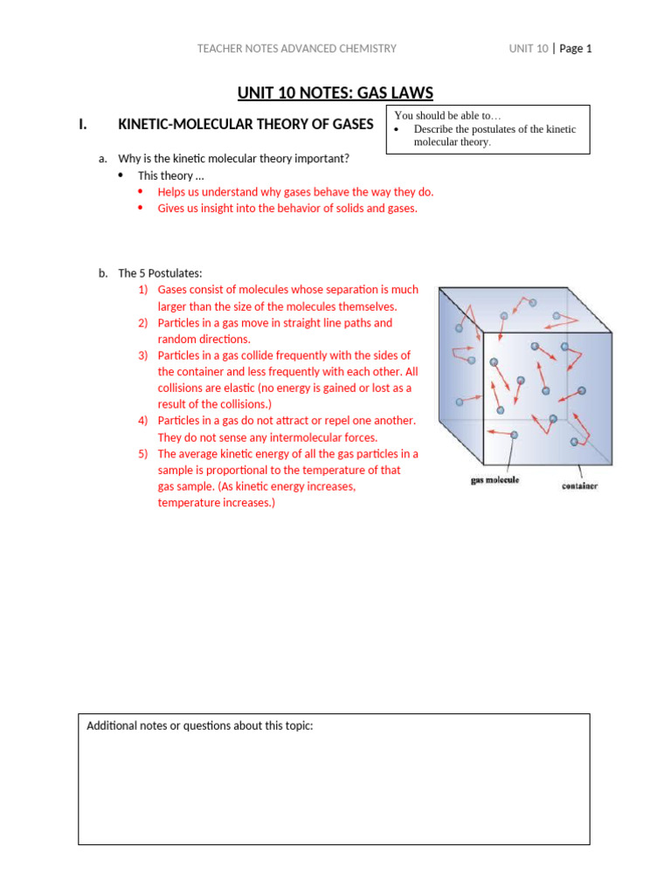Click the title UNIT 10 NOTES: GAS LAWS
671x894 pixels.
[x=335, y=93]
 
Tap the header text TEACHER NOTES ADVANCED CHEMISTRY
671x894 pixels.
[x=296, y=49]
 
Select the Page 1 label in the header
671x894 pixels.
[x=576, y=49]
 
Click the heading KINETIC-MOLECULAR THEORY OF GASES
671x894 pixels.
[x=246, y=124]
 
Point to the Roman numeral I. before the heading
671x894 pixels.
[x=83, y=124]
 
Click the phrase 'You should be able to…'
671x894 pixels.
[x=448, y=115]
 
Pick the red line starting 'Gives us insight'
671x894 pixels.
[x=287, y=208]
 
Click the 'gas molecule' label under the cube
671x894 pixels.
[x=495, y=480]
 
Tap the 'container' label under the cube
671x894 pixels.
[x=578, y=486]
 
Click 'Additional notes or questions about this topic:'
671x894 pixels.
[x=200, y=726]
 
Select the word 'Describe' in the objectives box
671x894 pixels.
[x=437, y=129]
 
